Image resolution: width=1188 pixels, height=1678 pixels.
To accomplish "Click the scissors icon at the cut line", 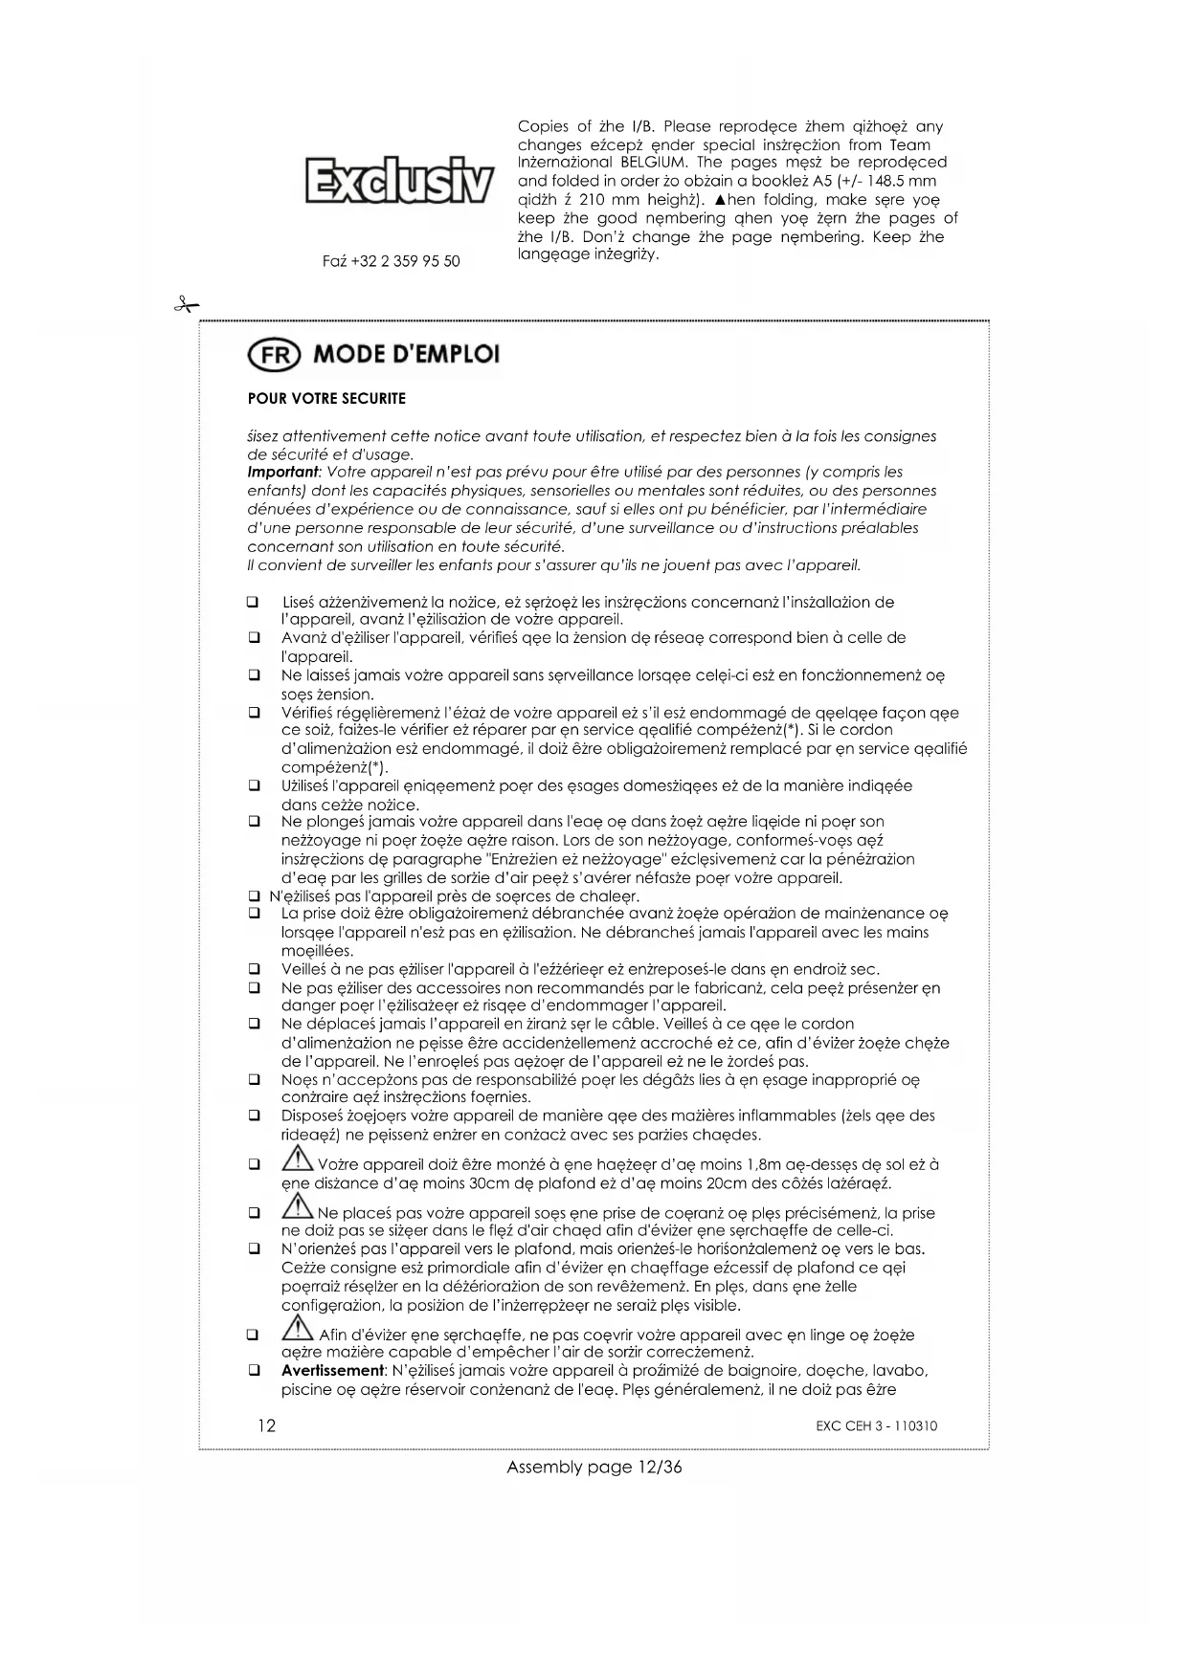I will [x=185, y=305].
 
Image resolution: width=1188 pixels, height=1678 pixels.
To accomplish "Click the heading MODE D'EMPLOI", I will [x=407, y=355].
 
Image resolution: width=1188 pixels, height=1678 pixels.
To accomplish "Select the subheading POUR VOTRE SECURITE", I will [x=326, y=398].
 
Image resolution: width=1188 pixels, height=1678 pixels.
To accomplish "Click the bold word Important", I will [x=282, y=473].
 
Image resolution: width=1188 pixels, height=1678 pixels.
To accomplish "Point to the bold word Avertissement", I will [x=330, y=1371].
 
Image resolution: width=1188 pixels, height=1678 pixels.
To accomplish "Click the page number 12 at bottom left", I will [x=266, y=1425].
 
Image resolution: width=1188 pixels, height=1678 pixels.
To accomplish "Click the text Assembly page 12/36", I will [x=594, y=1468].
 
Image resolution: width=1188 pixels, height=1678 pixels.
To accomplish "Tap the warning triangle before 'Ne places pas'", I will [x=298, y=1207].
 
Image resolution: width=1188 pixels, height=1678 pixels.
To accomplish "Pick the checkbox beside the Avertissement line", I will [x=255, y=1371].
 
